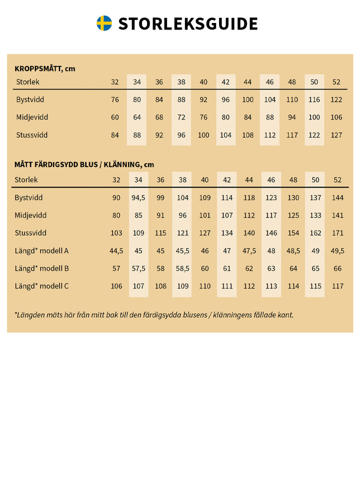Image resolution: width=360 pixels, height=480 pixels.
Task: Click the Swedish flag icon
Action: coord(104,23)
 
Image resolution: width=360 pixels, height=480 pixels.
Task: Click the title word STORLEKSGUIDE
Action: coord(188,23)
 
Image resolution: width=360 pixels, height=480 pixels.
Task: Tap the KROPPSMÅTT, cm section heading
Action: coord(45,68)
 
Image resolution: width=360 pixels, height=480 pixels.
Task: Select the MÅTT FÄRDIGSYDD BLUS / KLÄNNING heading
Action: coord(84,164)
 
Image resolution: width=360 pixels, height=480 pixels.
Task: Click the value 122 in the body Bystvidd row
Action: coord(336,99)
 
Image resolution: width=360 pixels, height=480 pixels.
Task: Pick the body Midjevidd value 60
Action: coord(115,117)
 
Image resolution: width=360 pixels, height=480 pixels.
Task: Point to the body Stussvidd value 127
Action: coord(336,135)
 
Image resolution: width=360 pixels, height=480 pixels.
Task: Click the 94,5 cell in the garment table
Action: coord(138,197)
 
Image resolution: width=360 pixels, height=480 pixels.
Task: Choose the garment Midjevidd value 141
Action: coord(337,215)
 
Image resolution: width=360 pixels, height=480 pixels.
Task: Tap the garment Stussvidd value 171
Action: coord(337,233)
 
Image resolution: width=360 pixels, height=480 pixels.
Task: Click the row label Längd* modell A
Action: coord(42,250)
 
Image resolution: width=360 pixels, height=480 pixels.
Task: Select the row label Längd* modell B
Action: coord(42,268)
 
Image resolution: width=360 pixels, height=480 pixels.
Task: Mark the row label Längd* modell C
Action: coord(42,286)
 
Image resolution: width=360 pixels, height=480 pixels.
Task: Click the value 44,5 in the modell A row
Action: coord(116,251)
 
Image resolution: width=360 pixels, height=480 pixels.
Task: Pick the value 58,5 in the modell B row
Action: coord(182,268)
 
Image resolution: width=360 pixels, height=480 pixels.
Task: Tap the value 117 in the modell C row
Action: coord(337,286)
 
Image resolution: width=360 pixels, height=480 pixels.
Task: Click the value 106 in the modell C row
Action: coord(116,286)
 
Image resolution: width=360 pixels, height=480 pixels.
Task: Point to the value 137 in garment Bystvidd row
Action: coord(315,197)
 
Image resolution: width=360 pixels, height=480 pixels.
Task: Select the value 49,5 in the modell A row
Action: coord(337,251)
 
